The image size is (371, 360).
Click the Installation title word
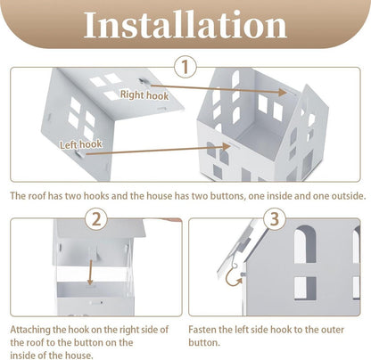click(x=185, y=24)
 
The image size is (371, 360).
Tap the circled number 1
click(x=185, y=67)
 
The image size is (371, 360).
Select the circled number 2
click(x=96, y=219)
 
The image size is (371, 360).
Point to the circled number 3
click(x=275, y=219)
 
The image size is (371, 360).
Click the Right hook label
click(x=144, y=95)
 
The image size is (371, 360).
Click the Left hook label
click(x=81, y=144)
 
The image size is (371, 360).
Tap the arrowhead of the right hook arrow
click(x=282, y=93)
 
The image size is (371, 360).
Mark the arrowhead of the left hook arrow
click(x=226, y=146)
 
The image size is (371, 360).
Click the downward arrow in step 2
click(x=90, y=271)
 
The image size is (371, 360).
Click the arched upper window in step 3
click(x=305, y=244)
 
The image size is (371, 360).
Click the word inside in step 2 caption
click(x=24, y=356)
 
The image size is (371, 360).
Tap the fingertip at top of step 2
click(x=172, y=220)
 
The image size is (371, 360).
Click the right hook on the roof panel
click(x=143, y=81)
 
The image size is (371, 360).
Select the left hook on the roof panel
click(x=79, y=153)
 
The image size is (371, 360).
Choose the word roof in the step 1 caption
click(x=38, y=196)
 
